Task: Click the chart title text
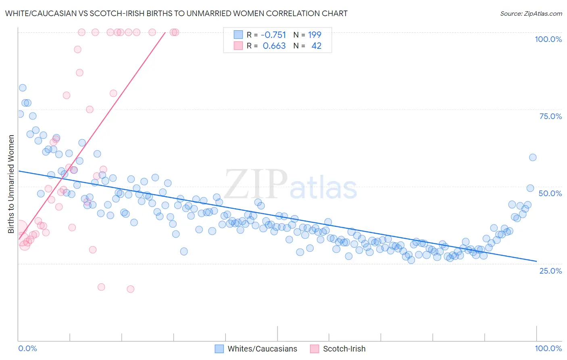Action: click(x=176, y=13)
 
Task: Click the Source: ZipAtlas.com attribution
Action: click(x=531, y=13)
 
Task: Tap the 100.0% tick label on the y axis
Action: click(x=548, y=39)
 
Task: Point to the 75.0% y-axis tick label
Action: click(x=550, y=116)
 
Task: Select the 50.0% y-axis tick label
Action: click(x=550, y=193)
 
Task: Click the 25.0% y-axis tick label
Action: click(x=550, y=270)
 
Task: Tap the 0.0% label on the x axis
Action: click(x=27, y=348)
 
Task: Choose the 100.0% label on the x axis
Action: click(x=548, y=348)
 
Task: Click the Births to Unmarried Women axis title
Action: click(x=11, y=184)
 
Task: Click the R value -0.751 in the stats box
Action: click(x=273, y=35)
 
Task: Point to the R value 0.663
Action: click(x=274, y=46)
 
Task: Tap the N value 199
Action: click(x=315, y=35)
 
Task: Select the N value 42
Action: click(x=317, y=46)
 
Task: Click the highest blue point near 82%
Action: click(x=23, y=88)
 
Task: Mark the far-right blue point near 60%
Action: click(x=533, y=157)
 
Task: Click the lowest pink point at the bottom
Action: click(x=130, y=289)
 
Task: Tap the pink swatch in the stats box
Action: click(x=238, y=46)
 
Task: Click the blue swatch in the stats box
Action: click(x=238, y=35)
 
